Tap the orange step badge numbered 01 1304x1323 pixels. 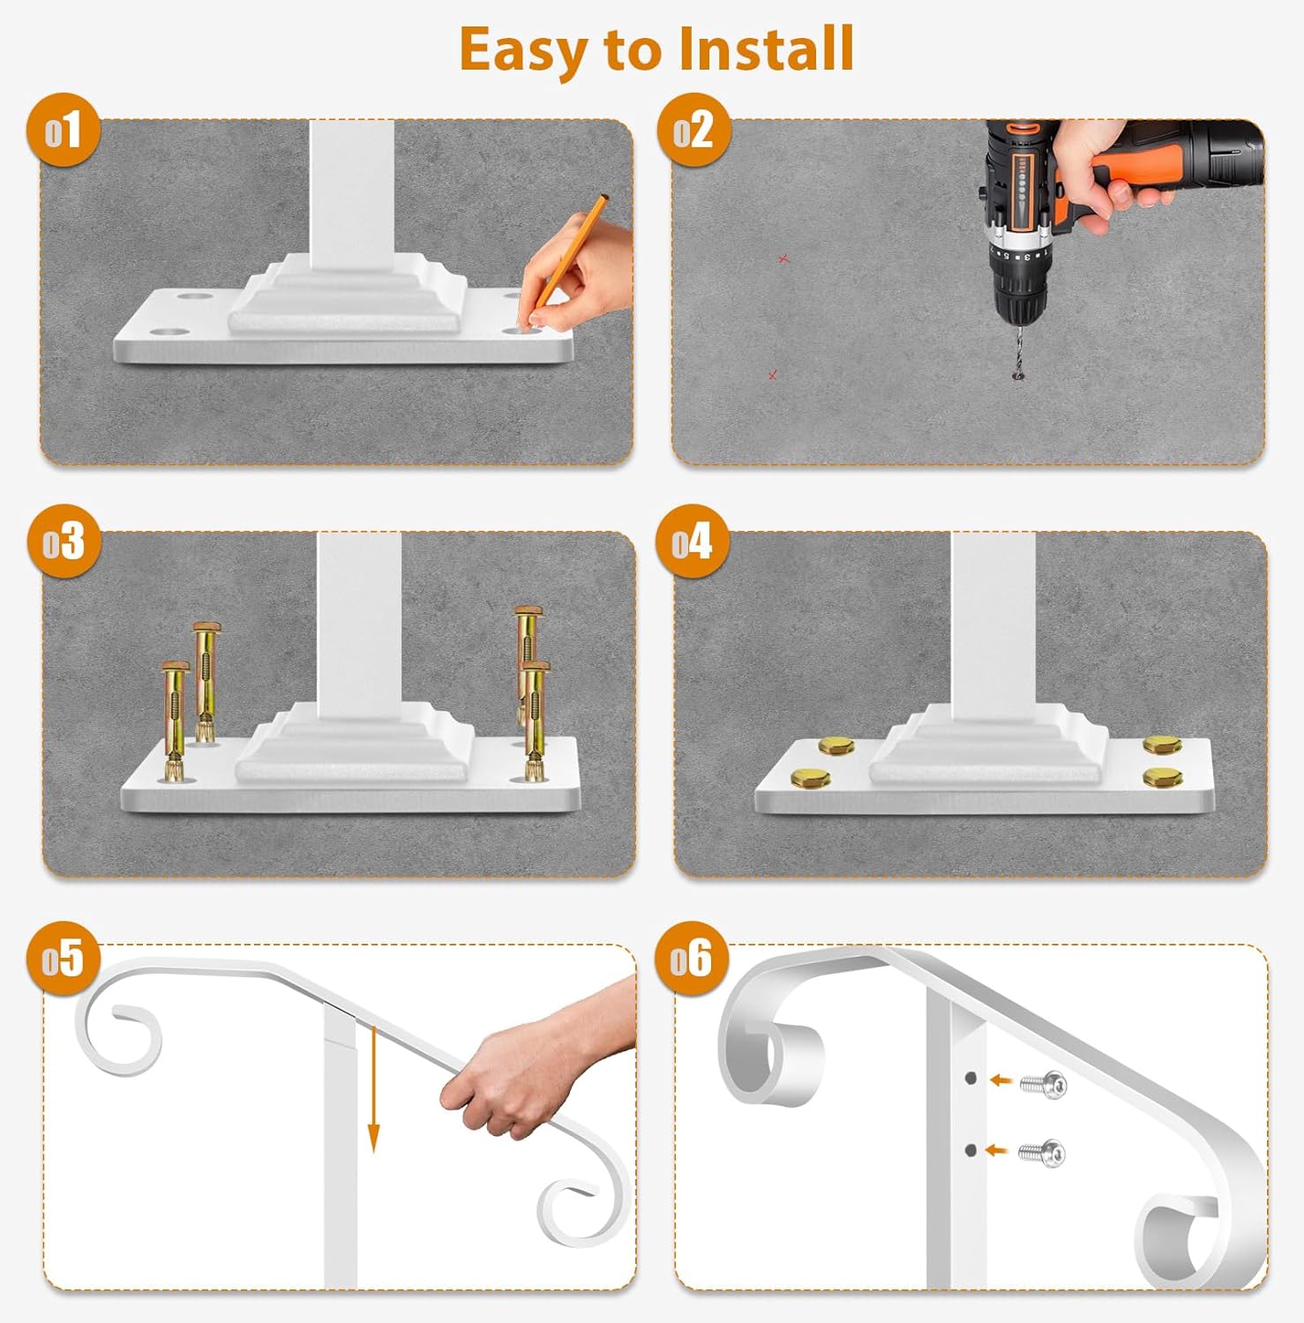64,131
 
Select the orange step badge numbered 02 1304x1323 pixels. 694,131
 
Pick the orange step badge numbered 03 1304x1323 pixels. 64,541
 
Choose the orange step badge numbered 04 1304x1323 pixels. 693,541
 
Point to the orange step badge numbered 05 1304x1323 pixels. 64,959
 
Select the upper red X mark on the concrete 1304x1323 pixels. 783,258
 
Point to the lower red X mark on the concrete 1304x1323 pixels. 773,376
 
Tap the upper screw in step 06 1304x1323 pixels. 1044,1085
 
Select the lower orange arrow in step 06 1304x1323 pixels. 996,1150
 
